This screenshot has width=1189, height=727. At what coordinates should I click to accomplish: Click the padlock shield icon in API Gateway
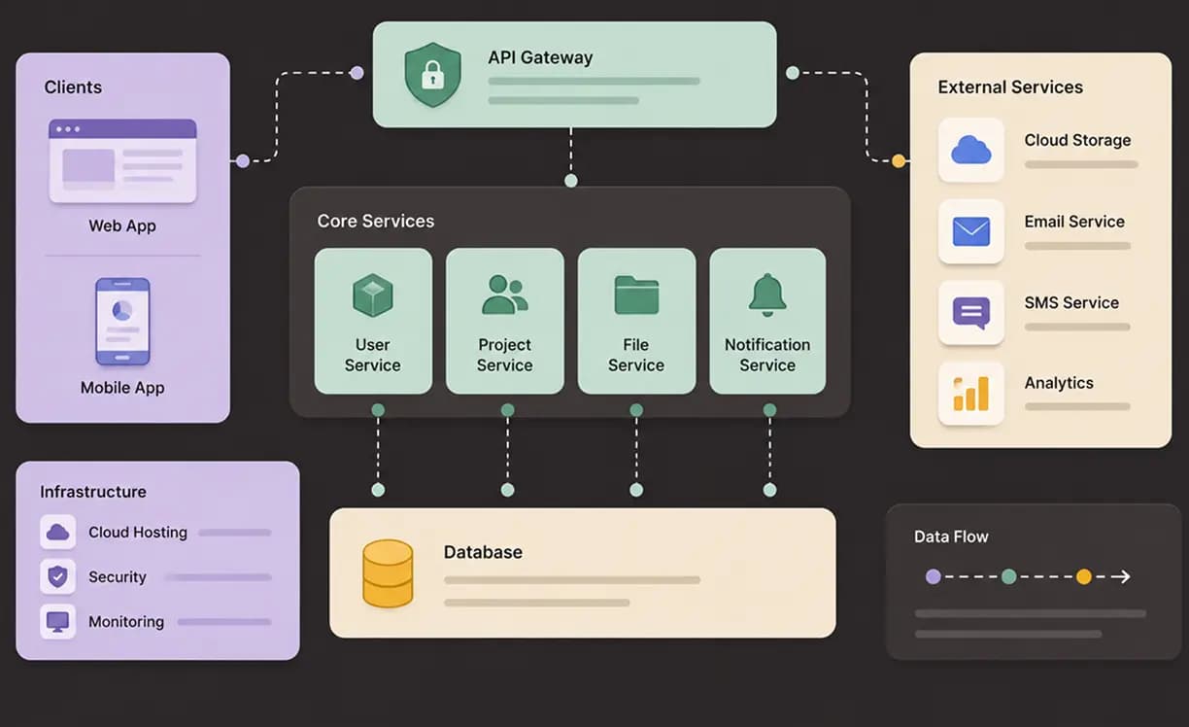(x=432, y=75)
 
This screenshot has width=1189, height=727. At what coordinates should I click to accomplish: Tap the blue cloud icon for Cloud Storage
(x=970, y=150)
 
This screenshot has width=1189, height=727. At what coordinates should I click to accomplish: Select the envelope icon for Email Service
(x=970, y=231)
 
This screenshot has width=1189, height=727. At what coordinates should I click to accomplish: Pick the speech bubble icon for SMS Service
(x=970, y=313)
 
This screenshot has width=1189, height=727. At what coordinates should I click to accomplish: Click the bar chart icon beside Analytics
(x=970, y=394)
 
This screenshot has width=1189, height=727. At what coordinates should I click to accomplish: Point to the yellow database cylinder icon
(x=388, y=573)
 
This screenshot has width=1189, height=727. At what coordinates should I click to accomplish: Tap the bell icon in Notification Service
(x=767, y=294)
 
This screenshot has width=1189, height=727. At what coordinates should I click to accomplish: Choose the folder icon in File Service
(x=636, y=295)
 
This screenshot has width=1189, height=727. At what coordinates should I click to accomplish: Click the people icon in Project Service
(x=505, y=294)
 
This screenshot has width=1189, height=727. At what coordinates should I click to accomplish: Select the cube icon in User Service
(x=373, y=295)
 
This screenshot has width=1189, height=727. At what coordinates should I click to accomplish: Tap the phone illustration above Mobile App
(x=122, y=322)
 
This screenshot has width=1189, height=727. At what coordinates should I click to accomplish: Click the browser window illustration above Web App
(x=122, y=161)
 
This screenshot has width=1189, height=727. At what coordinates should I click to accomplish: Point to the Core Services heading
(x=375, y=221)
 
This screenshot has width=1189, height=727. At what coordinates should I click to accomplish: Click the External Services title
(x=1010, y=87)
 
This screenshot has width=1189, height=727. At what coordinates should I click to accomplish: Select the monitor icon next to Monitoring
(x=57, y=621)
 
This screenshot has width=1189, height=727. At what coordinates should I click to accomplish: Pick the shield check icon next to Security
(x=57, y=576)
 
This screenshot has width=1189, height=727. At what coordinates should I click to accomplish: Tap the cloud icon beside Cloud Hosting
(x=57, y=532)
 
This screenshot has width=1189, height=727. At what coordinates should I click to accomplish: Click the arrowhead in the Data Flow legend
(x=1123, y=576)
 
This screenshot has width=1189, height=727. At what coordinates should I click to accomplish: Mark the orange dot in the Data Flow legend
(x=1084, y=576)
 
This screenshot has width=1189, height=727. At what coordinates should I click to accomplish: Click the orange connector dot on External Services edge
(x=899, y=161)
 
